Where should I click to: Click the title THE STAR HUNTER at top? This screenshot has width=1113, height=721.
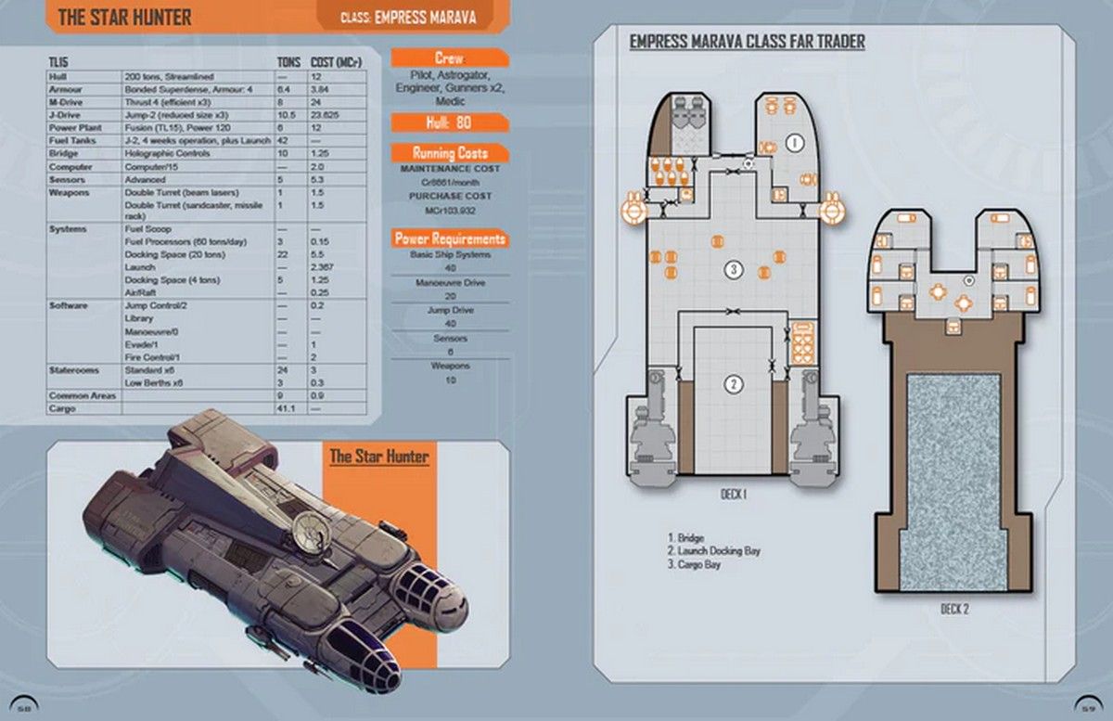(x=125, y=17)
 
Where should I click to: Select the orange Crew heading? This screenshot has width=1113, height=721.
(x=449, y=58)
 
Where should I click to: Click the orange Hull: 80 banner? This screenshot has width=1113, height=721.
(x=449, y=122)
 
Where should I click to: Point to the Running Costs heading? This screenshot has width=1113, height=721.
(x=449, y=153)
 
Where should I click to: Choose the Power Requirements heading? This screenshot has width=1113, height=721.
(x=450, y=238)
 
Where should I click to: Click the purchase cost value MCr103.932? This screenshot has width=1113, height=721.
(x=449, y=211)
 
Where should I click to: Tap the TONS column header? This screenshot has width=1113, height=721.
(x=289, y=61)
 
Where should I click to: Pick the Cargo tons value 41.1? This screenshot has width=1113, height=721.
(x=288, y=408)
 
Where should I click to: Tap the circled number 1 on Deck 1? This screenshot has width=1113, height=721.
(x=794, y=142)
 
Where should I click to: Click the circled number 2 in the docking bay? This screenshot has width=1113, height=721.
(x=733, y=384)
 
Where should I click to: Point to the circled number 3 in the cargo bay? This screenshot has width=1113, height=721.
(x=733, y=270)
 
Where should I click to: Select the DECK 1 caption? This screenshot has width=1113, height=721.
(x=733, y=495)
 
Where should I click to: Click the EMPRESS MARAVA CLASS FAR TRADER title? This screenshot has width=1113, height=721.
(x=747, y=42)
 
